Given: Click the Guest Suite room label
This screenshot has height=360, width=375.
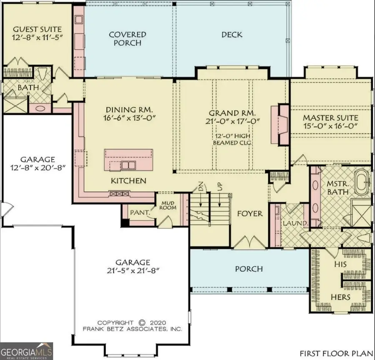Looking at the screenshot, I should coord(37,30).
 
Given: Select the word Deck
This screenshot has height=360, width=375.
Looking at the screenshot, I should coord(232,35).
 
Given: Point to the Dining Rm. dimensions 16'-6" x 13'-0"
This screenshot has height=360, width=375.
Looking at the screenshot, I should coord(129,118).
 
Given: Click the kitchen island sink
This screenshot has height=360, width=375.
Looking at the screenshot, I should coord(128,165).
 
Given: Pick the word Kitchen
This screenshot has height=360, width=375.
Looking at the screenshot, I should coord(128,181).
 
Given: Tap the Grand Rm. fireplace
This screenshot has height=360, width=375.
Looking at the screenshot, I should coord(279,124).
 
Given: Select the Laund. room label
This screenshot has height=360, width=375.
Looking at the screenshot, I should coord(295,223).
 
